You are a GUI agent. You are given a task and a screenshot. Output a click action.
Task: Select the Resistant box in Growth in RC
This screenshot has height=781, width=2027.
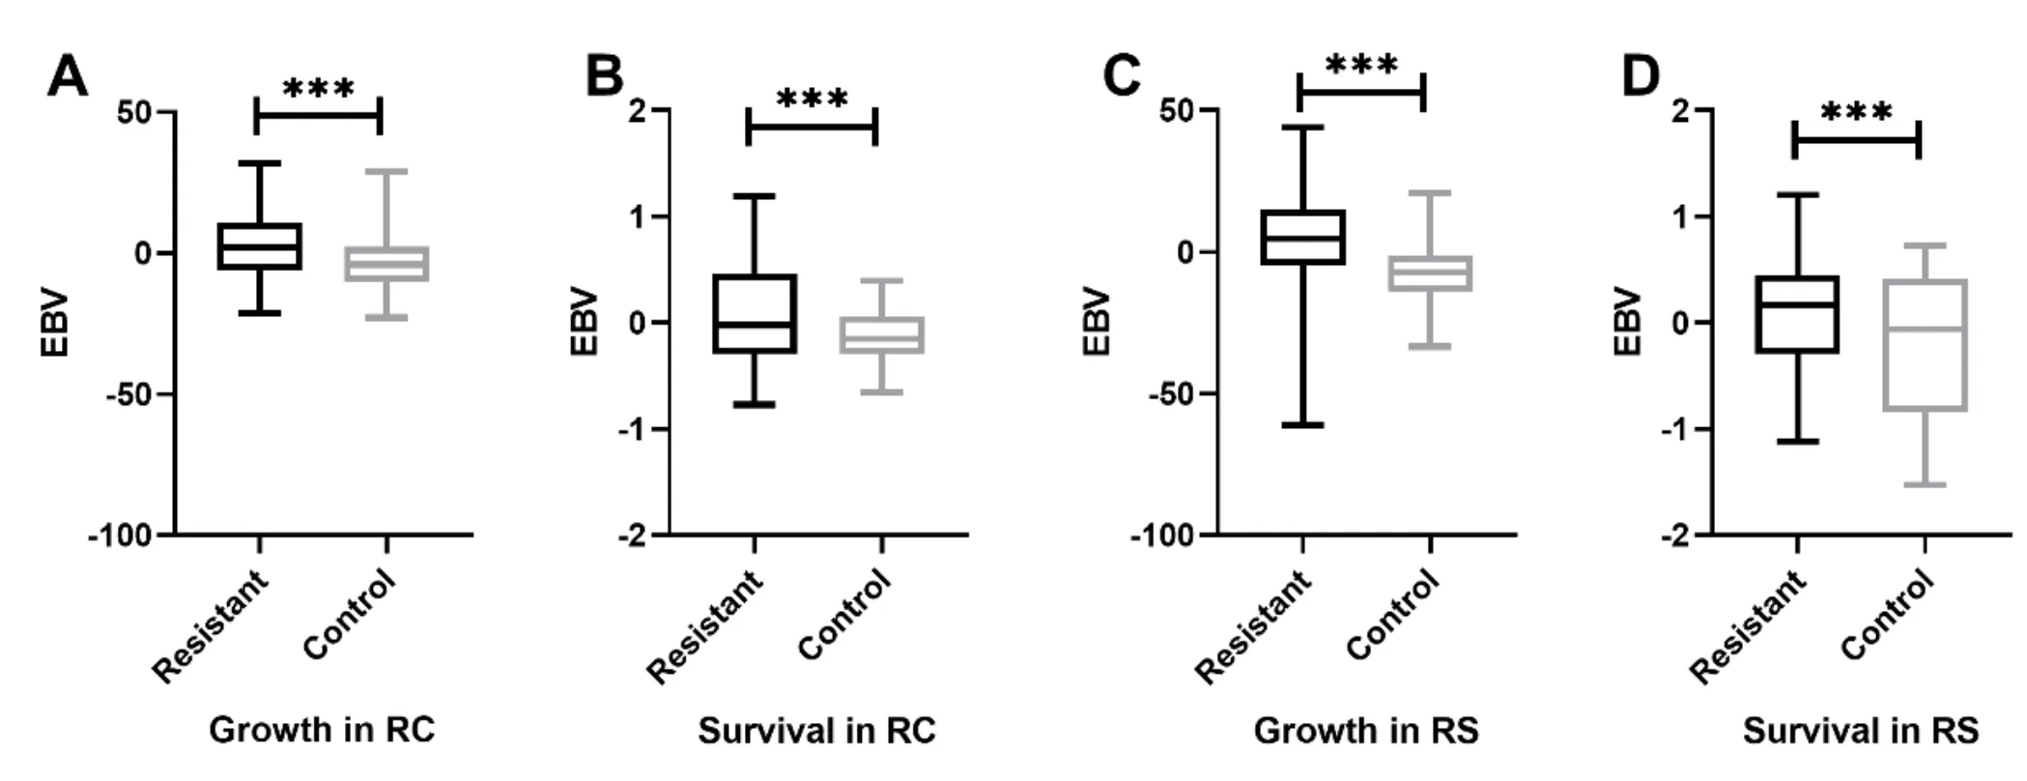coord(260,246)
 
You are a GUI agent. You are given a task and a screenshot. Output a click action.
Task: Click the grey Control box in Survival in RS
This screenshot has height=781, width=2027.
coord(1926,345)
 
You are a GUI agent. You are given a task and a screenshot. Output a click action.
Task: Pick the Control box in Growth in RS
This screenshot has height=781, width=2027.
coord(1431,274)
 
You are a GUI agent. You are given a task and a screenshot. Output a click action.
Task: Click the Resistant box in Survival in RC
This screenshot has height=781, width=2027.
coord(755,314)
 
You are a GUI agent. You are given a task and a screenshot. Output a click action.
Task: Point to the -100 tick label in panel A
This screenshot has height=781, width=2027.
coord(121,535)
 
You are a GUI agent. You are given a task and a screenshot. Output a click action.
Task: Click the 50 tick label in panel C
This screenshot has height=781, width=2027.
coord(1177,111)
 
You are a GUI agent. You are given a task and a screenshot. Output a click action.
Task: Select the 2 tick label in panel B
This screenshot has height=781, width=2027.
coord(635,111)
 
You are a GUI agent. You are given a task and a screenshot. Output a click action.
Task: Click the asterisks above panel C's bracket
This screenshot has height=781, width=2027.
coord(1361,67)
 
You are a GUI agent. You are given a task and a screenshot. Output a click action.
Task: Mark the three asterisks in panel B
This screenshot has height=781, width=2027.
coord(813,100)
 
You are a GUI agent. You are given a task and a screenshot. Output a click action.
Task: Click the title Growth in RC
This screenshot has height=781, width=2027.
coord(322,730)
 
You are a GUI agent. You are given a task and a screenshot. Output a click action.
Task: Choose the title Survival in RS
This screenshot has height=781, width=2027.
coord(1861,730)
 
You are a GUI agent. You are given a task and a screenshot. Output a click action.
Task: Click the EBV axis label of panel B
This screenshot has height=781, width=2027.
coord(585,323)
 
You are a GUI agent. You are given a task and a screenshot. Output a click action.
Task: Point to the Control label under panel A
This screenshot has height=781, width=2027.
coord(350,615)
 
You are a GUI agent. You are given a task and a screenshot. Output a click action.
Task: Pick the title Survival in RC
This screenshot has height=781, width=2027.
coord(817,730)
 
